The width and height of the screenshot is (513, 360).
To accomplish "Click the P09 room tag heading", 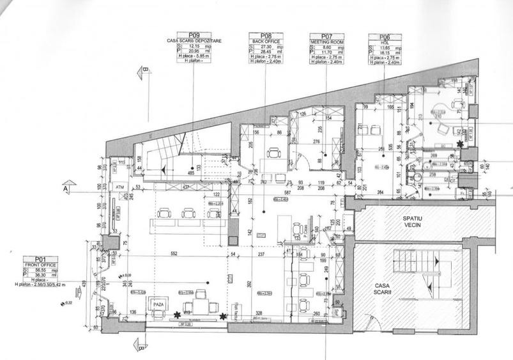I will pos(194,35).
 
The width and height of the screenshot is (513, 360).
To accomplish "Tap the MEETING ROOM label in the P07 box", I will pos(326,41).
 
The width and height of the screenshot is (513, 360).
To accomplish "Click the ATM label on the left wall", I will pos(119,187).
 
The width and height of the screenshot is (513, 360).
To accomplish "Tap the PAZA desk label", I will pos(158,305).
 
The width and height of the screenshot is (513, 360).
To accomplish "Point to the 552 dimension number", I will pos(172,254).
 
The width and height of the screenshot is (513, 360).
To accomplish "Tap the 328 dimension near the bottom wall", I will pos(259,313).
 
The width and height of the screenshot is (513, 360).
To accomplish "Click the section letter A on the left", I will pos(65,189).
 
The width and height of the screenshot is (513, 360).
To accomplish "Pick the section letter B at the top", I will pos(145,69).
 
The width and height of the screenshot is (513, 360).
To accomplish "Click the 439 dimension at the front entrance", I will pos(84,285).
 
